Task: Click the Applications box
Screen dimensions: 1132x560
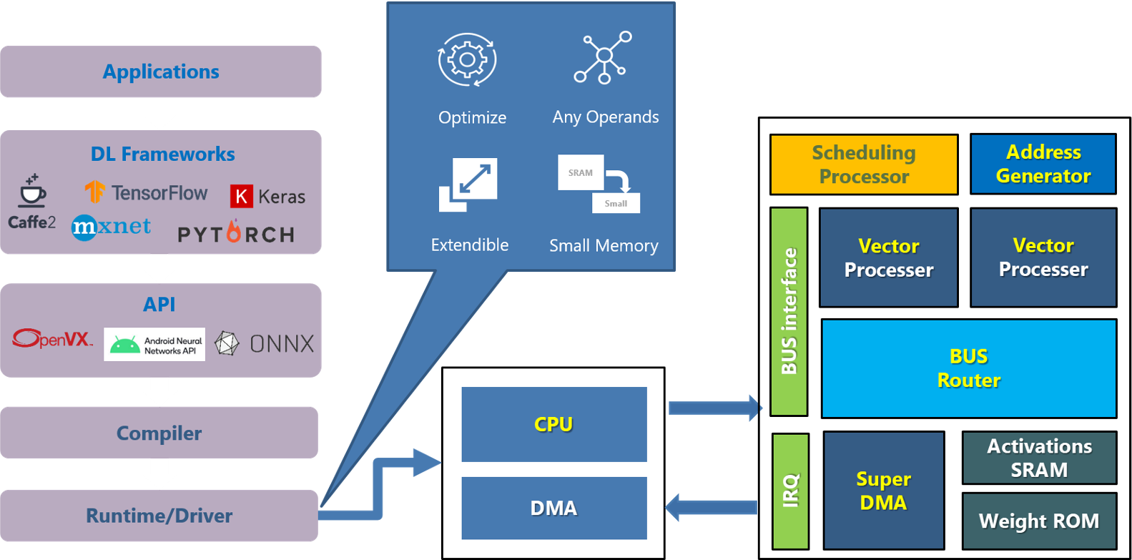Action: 161,72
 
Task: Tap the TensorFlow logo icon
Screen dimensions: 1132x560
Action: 94,192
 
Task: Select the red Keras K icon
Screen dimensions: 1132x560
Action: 241,196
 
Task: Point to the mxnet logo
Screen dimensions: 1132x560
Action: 111,227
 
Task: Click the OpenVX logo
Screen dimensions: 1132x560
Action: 52,338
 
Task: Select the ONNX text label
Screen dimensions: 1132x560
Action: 282,344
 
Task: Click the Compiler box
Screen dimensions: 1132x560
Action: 159,433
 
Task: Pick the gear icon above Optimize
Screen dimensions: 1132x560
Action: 467,60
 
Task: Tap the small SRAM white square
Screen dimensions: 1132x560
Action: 581,172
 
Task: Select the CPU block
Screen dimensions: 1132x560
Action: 554,424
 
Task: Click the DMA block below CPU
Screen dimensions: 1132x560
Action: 554,508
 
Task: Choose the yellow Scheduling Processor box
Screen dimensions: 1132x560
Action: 864,164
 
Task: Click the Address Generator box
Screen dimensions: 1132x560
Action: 1043,164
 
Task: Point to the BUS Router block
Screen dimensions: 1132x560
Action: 969,368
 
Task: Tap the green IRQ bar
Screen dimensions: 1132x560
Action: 790,491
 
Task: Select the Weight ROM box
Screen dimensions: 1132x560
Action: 1039,521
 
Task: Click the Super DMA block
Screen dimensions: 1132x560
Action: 883,490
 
